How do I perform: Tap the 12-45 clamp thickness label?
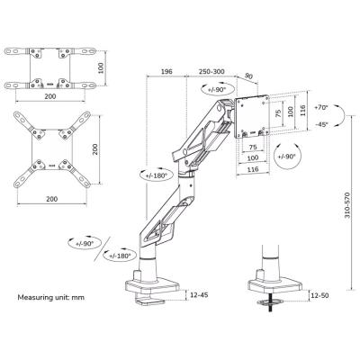tap(201, 293)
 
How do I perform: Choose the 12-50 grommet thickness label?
tap(319, 293)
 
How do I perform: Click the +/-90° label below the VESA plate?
tap(287, 158)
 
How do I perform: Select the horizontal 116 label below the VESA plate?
tap(253, 168)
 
